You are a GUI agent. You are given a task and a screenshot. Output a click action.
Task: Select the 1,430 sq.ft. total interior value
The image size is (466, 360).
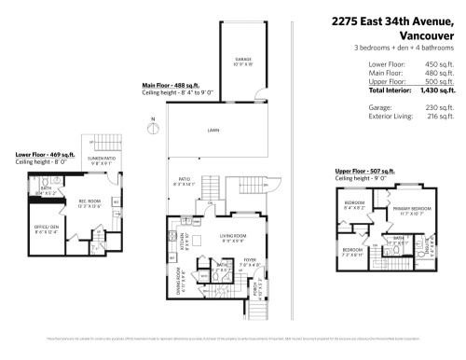pyautogui.click(x=437, y=90)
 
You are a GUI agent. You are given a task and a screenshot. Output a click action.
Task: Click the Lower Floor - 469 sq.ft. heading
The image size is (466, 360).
pyautogui.click(x=44, y=153)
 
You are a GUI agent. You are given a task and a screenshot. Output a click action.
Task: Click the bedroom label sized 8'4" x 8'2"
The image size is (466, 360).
pyautogui.click(x=355, y=204)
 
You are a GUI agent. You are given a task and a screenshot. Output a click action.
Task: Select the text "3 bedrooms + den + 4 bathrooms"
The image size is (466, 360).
pyautogui.click(x=404, y=48)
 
